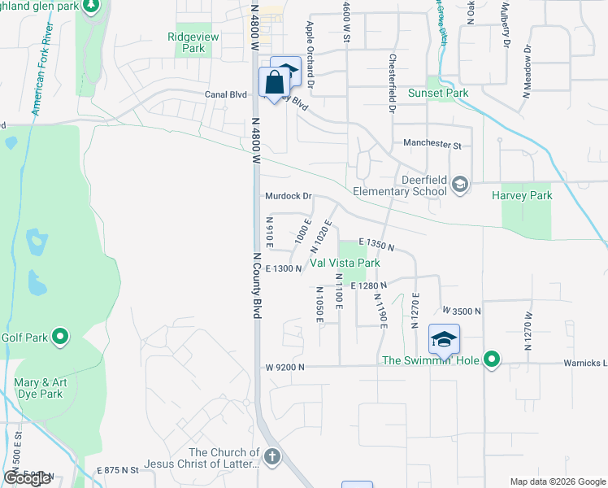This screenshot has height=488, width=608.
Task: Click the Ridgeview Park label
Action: pyautogui.click(x=187, y=42)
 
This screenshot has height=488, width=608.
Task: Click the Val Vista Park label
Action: pyautogui.click(x=345, y=264)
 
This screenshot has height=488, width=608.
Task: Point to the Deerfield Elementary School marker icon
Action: pyautogui.click(x=460, y=184)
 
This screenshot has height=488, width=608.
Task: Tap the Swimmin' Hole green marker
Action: pyautogui.click(x=492, y=359)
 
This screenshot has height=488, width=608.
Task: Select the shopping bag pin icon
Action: pyautogui.click(x=274, y=81)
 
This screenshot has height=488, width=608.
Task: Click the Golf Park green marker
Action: pyautogui.click(x=59, y=335)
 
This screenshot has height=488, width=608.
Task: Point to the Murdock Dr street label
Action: pyautogui.click(x=289, y=196)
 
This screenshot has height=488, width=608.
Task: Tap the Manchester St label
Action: pyautogui.click(x=432, y=145)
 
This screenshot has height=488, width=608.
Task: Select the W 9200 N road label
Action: pyautogui.click(x=284, y=368)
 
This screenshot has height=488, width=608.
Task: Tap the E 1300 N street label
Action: pyautogui.click(x=284, y=268)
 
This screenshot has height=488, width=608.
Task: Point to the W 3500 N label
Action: pyautogui.click(x=462, y=311)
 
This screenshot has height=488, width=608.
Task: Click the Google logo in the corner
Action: pyautogui.click(x=28, y=478)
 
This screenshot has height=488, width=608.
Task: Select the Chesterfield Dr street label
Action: pyautogui.click(x=392, y=83)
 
